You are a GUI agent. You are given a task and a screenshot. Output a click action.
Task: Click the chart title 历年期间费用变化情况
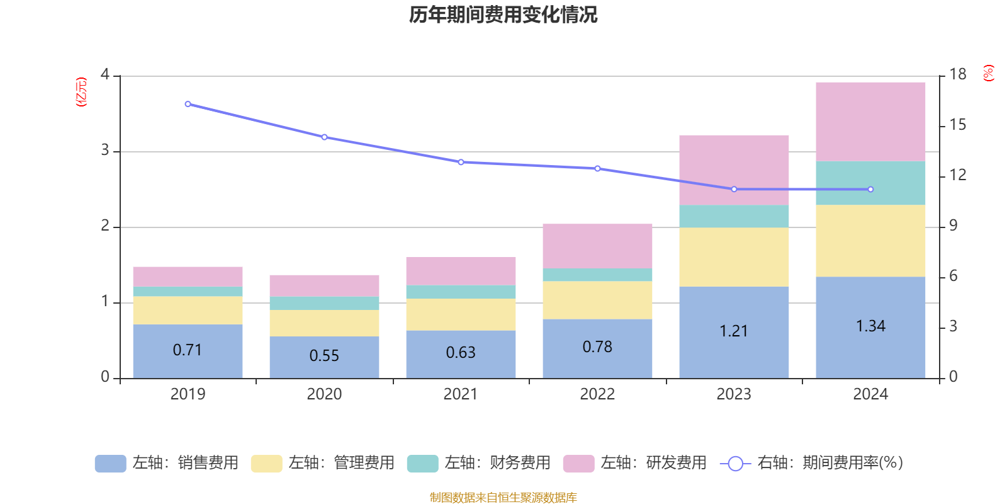click(503, 14)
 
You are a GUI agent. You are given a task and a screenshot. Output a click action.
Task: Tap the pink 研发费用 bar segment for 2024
click(870, 121)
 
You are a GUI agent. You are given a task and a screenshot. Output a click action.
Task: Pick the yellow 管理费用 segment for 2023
click(734, 257)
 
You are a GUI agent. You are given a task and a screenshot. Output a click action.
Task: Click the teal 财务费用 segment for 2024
click(870, 183)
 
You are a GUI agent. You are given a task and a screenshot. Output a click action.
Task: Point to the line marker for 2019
click(188, 104)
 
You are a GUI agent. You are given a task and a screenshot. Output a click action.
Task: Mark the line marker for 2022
click(597, 168)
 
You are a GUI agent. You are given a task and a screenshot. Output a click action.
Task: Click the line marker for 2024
click(870, 189)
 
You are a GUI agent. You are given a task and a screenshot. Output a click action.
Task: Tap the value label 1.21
click(734, 331)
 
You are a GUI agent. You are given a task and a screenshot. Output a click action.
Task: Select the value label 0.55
click(324, 356)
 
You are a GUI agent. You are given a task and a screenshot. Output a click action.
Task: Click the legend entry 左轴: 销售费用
click(167, 463)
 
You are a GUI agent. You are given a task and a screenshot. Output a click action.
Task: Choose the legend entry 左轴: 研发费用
click(635, 463)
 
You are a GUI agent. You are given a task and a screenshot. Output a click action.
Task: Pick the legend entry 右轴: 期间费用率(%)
click(811, 463)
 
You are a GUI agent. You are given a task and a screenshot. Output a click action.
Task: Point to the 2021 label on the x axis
click(461, 394)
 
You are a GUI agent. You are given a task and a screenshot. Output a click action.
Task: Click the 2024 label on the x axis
click(870, 394)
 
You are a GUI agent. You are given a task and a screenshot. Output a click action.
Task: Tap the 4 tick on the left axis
click(105, 75)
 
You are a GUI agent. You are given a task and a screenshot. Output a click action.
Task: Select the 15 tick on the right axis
click(957, 125)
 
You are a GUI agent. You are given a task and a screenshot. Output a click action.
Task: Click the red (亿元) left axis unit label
click(81, 92)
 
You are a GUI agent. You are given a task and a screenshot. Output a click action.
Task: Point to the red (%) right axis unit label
click(988, 73)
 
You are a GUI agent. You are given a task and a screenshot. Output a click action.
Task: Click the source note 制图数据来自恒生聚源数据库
click(503, 498)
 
